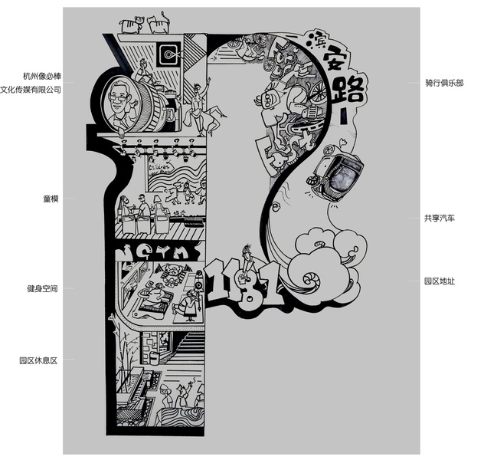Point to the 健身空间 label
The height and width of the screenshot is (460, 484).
[x=43, y=289]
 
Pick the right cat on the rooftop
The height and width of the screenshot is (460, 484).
[x=160, y=23]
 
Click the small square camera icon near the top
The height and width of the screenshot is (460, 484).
[x=168, y=54]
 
